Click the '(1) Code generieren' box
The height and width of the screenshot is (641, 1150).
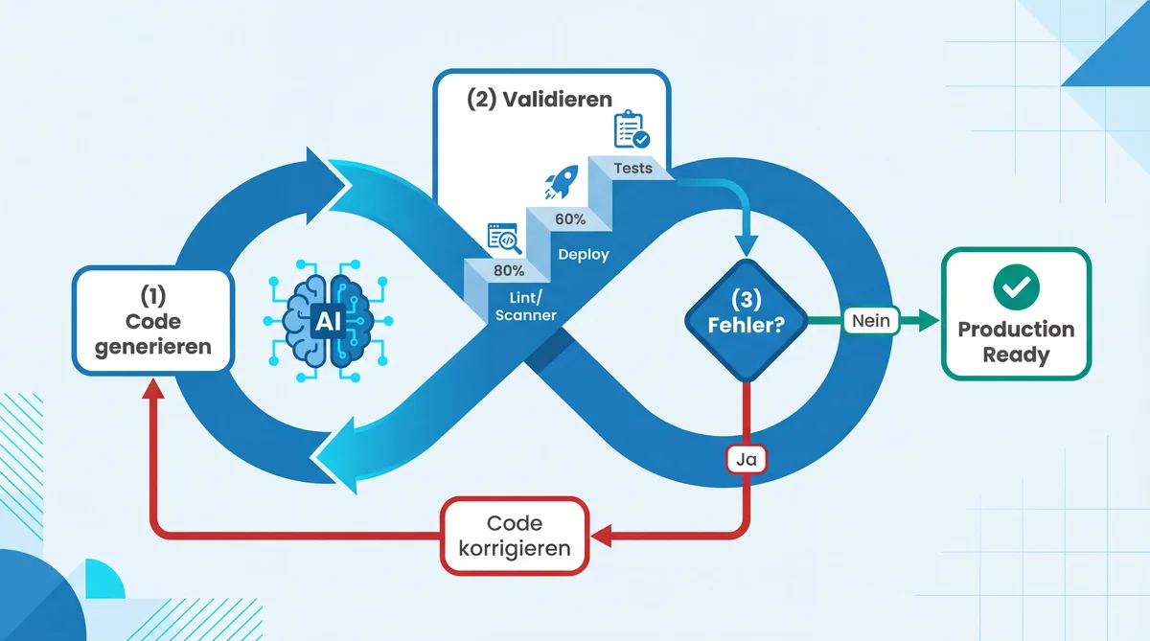pos(153,320)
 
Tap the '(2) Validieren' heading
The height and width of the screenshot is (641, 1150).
pos(539,100)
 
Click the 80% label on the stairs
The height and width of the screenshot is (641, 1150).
pos(509,270)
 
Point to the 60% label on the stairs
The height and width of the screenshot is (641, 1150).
pos(570,219)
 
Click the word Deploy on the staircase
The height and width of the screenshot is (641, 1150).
pos(583,255)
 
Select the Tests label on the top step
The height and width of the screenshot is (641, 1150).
pos(632,169)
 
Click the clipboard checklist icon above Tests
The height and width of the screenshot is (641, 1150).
pos(631,129)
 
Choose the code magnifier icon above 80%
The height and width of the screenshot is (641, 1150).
pos(503,237)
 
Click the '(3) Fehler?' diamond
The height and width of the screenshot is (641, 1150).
pos(746,320)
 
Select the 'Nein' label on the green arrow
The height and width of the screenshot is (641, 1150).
pos(870,321)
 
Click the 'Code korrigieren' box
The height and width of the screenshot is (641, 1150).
pos(514,536)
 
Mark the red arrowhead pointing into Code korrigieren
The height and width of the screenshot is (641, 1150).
pos(602,536)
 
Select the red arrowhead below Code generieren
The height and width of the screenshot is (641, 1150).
pos(152,387)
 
